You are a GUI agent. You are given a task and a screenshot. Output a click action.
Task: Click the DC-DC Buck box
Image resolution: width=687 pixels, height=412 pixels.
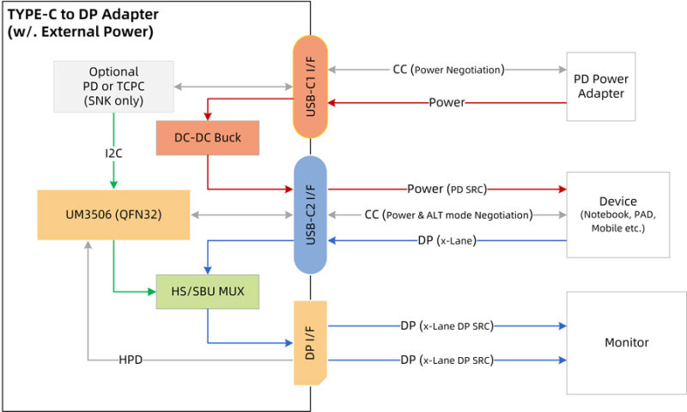click(x=207, y=137)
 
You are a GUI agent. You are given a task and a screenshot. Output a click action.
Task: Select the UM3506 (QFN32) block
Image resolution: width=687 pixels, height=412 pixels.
click(x=113, y=215)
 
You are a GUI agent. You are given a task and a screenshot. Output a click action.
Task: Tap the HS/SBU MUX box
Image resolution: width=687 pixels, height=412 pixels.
click(x=207, y=292)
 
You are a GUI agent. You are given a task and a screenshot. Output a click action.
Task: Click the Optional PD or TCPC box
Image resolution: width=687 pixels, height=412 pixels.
click(x=114, y=87)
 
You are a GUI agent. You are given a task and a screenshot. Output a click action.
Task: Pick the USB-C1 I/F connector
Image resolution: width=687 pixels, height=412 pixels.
click(x=310, y=87)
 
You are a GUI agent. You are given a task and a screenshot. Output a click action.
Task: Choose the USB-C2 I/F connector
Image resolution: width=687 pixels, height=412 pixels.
click(x=310, y=215)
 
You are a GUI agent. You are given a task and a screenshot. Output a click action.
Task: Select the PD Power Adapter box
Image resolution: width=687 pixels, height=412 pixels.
click(x=600, y=86)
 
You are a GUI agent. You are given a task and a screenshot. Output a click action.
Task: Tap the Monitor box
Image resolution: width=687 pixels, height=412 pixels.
click(x=626, y=342)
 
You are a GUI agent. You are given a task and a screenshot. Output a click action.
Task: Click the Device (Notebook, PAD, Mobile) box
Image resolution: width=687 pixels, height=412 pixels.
click(x=617, y=215)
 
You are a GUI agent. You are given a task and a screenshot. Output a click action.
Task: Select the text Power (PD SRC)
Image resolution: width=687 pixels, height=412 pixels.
click(x=447, y=189)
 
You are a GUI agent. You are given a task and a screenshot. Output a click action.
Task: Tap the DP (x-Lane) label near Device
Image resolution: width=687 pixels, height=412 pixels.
click(x=447, y=240)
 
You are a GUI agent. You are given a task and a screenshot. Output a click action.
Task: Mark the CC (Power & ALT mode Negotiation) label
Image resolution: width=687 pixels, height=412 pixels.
click(x=447, y=215)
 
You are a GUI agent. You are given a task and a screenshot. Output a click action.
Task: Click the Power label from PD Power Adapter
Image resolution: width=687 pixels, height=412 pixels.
click(x=447, y=103)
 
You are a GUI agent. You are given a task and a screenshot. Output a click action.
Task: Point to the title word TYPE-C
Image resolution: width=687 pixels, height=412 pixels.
click(x=33, y=15)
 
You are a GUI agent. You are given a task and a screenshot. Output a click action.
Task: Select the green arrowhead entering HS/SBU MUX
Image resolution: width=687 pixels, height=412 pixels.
click(x=151, y=292)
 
